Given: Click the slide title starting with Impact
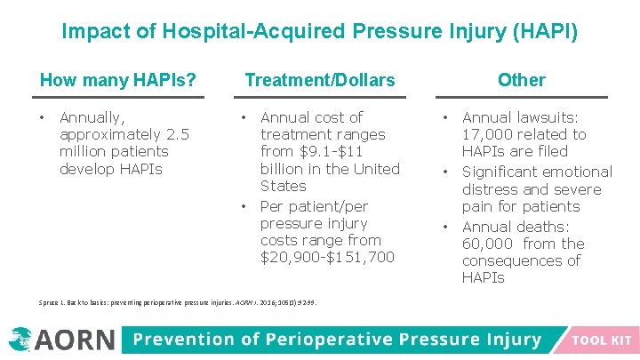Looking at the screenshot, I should click(x=319, y=33).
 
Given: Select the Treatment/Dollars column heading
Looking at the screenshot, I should click(x=319, y=80).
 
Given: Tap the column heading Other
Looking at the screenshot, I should click(x=521, y=80).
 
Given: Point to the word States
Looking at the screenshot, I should click(x=283, y=187).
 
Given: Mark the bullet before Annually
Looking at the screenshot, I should click(x=43, y=117).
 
